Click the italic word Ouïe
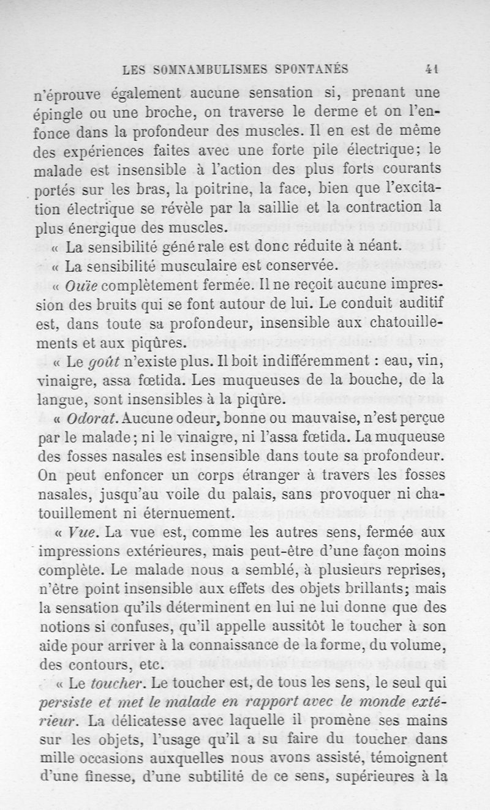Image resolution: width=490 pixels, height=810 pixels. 83,286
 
